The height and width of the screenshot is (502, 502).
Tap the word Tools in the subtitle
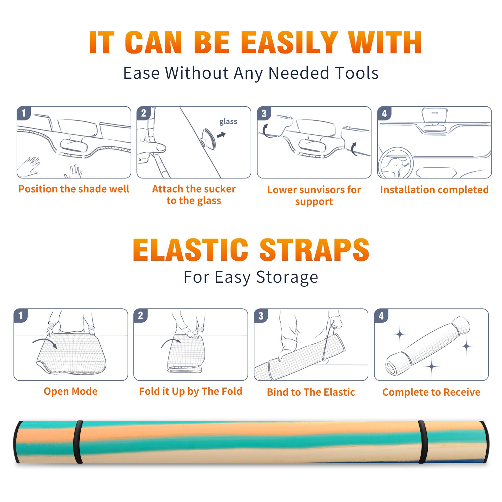pos(357,73)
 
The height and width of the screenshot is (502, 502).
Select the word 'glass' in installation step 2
pos(228,122)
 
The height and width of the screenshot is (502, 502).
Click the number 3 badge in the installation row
pos(264,113)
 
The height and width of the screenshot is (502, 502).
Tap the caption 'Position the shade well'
pos(74,189)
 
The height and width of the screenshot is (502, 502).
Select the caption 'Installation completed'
pos(434,190)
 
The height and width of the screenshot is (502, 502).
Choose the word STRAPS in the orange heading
pos(314,250)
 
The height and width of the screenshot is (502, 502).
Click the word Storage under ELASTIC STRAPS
pos(287,277)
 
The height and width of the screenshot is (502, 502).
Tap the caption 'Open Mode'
pos(71,391)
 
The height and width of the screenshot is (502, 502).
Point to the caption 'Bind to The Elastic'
pos(311,392)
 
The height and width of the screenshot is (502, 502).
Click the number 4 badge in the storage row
pos(381,316)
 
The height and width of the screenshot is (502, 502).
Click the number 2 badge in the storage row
pos(141,316)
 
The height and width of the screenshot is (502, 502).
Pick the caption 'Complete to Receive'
pos(431,392)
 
